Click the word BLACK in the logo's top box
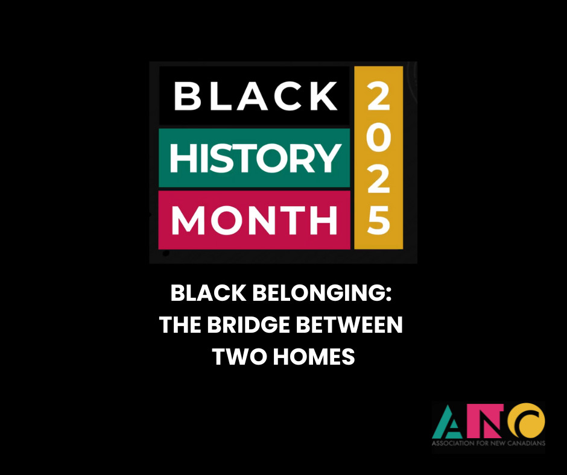coord(256,96)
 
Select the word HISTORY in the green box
coord(256,158)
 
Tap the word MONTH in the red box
coord(255,220)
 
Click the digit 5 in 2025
coord(378,220)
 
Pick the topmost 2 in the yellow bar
coord(378,96)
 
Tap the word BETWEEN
coord(349,325)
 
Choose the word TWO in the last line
coord(239,356)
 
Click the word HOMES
coord(314,356)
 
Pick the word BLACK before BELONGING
coord(208,293)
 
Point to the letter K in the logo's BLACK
coord(325,96)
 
